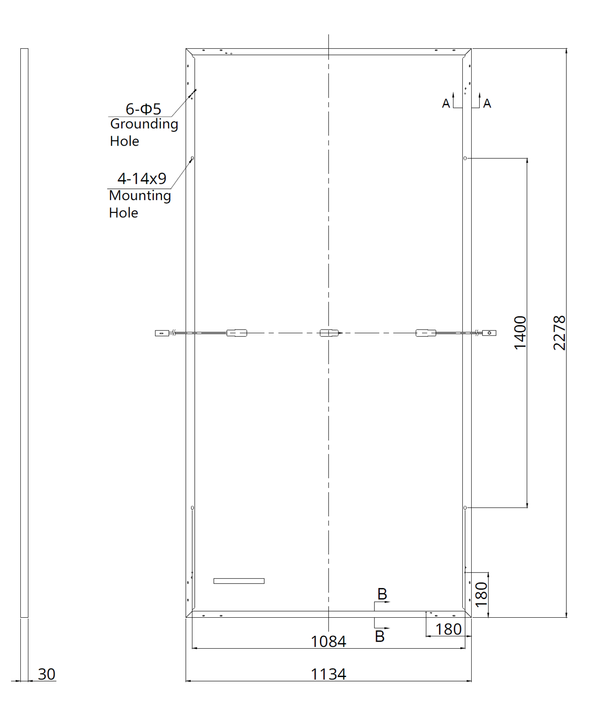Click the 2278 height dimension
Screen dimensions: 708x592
click(x=560, y=333)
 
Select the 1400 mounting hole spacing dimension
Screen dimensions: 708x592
click(x=521, y=333)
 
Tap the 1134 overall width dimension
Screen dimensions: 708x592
click(x=328, y=674)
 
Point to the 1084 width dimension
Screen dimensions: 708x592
click(x=328, y=641)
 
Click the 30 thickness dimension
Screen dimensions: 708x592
click(x=46, y=674)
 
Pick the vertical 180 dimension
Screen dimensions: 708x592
click(x=481, y=594)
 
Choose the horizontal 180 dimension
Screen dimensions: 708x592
click(x=448, y=629)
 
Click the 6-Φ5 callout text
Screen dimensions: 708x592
click(x=143, y=109)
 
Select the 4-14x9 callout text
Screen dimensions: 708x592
click(x=142, y=179)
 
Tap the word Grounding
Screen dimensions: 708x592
click(x=144, y=124)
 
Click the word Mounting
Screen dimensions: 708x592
click(x=140, y=196)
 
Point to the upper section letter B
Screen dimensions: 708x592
click(x=382, y=594)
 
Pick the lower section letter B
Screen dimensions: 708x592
click(x=380, y=636)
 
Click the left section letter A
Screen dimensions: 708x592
click(x=446, y=104)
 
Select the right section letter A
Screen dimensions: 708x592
click(x=487, y=104)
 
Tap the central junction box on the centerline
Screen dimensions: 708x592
click(x=329, y=333)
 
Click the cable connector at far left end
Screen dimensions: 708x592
click(x=161, y=333)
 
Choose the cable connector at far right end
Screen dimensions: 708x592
click(x=489, y=332)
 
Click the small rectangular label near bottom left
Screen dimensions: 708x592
click(x=239, y=581)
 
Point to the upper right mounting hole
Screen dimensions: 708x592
click(x=465, y=158)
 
